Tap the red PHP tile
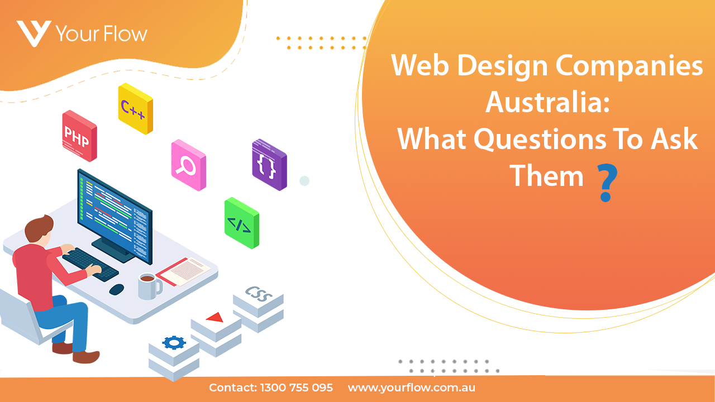79,136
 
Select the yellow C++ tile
135,108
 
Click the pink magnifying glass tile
188,165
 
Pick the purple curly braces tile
269,165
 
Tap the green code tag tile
242,223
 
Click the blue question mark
607,183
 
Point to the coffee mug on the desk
149,286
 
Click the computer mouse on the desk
117,289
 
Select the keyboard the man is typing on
90,265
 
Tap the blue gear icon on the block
174,343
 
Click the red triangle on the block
215,317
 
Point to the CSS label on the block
259,294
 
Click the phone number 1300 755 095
297,387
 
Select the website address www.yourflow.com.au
412,388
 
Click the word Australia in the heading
548,102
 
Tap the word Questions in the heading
540,140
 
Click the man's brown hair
39,228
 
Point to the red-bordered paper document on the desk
183,272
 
